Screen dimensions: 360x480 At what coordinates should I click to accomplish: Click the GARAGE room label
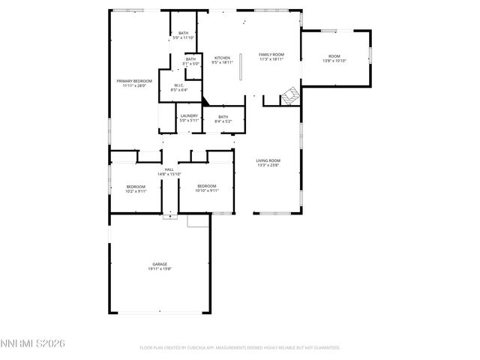click(160, 264)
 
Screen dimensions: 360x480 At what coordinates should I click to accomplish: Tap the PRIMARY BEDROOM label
click(134, 81)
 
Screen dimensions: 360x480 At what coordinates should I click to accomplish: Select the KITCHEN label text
click(222, 58)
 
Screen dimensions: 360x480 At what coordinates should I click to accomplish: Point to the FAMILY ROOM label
click(271, 55)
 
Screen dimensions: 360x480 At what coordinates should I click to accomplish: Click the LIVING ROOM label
click(268, 160)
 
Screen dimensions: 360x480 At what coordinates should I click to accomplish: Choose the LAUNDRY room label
click(188, 115)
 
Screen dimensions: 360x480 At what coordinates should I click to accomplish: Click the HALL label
click(169, 169)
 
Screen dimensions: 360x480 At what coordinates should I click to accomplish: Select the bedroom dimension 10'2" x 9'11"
click(136, 191)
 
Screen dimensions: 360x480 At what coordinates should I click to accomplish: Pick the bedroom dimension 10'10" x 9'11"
click(206, 191)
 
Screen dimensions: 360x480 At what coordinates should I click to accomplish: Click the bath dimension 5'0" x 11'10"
click(184, 37)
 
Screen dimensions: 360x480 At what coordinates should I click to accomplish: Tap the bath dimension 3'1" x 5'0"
click(190, 64)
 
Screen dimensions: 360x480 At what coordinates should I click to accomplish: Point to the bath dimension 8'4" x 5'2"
click(223, 121)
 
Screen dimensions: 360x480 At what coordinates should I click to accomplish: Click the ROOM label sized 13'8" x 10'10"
click(334, 57)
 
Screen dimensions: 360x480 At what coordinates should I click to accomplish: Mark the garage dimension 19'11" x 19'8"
click(160, 268)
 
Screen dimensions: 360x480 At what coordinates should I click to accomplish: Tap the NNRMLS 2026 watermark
click(34, 343)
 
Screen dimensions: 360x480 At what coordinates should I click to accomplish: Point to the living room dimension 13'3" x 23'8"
click(268, 165)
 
